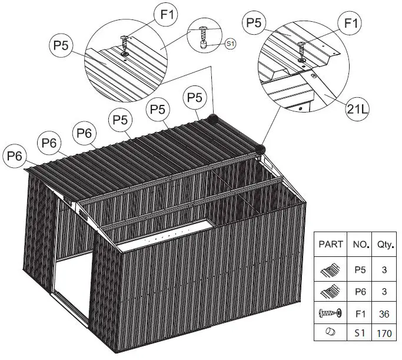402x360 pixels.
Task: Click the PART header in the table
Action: pyautogui.click(x=331, y=243)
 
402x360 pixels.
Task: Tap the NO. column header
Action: pyautogui.click(x=360, y=243)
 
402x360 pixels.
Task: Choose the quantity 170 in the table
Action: pyautogui.click(x=384, y=334)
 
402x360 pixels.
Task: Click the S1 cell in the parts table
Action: pyautogui.click(x=360, y=334)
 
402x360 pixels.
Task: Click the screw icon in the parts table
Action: pyautogui.click(x=330, y=313)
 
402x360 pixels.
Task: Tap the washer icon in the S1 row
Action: pyautogui.click(x=330, y=334)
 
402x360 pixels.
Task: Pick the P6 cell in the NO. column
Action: pyautogui.click(x=360, y=290)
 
